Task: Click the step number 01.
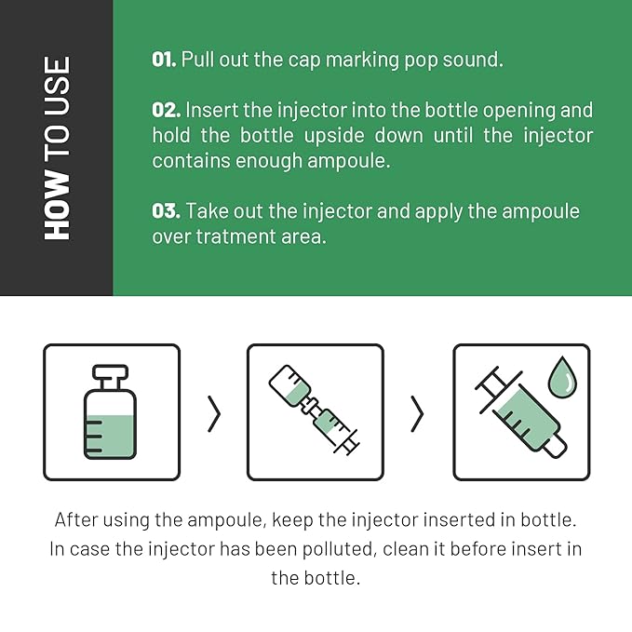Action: pyautogui.click(x=164, y=60)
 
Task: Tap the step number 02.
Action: pyautogui.click(x=166, y=110)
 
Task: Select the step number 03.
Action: pyautogui.click(x=166, y=210)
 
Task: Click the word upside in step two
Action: pyautogui.click(x=334, y=136)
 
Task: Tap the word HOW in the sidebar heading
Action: pyautogui.click(x=57, y=205)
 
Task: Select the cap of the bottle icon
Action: pyautogui.click(x=110, y=372)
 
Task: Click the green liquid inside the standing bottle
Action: pyautogui.click(x=110, y=437)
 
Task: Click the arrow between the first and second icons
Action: pyautogui.click(x=214, y=414)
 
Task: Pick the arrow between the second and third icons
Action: pyautogui.click(x=417, y=414)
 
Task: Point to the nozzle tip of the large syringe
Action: pyautogui.click(x=557, y=447)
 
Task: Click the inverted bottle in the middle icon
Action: pyautogui.click(x=290, y=385)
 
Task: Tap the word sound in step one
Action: pyautogui.click(x=473, y=60)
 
